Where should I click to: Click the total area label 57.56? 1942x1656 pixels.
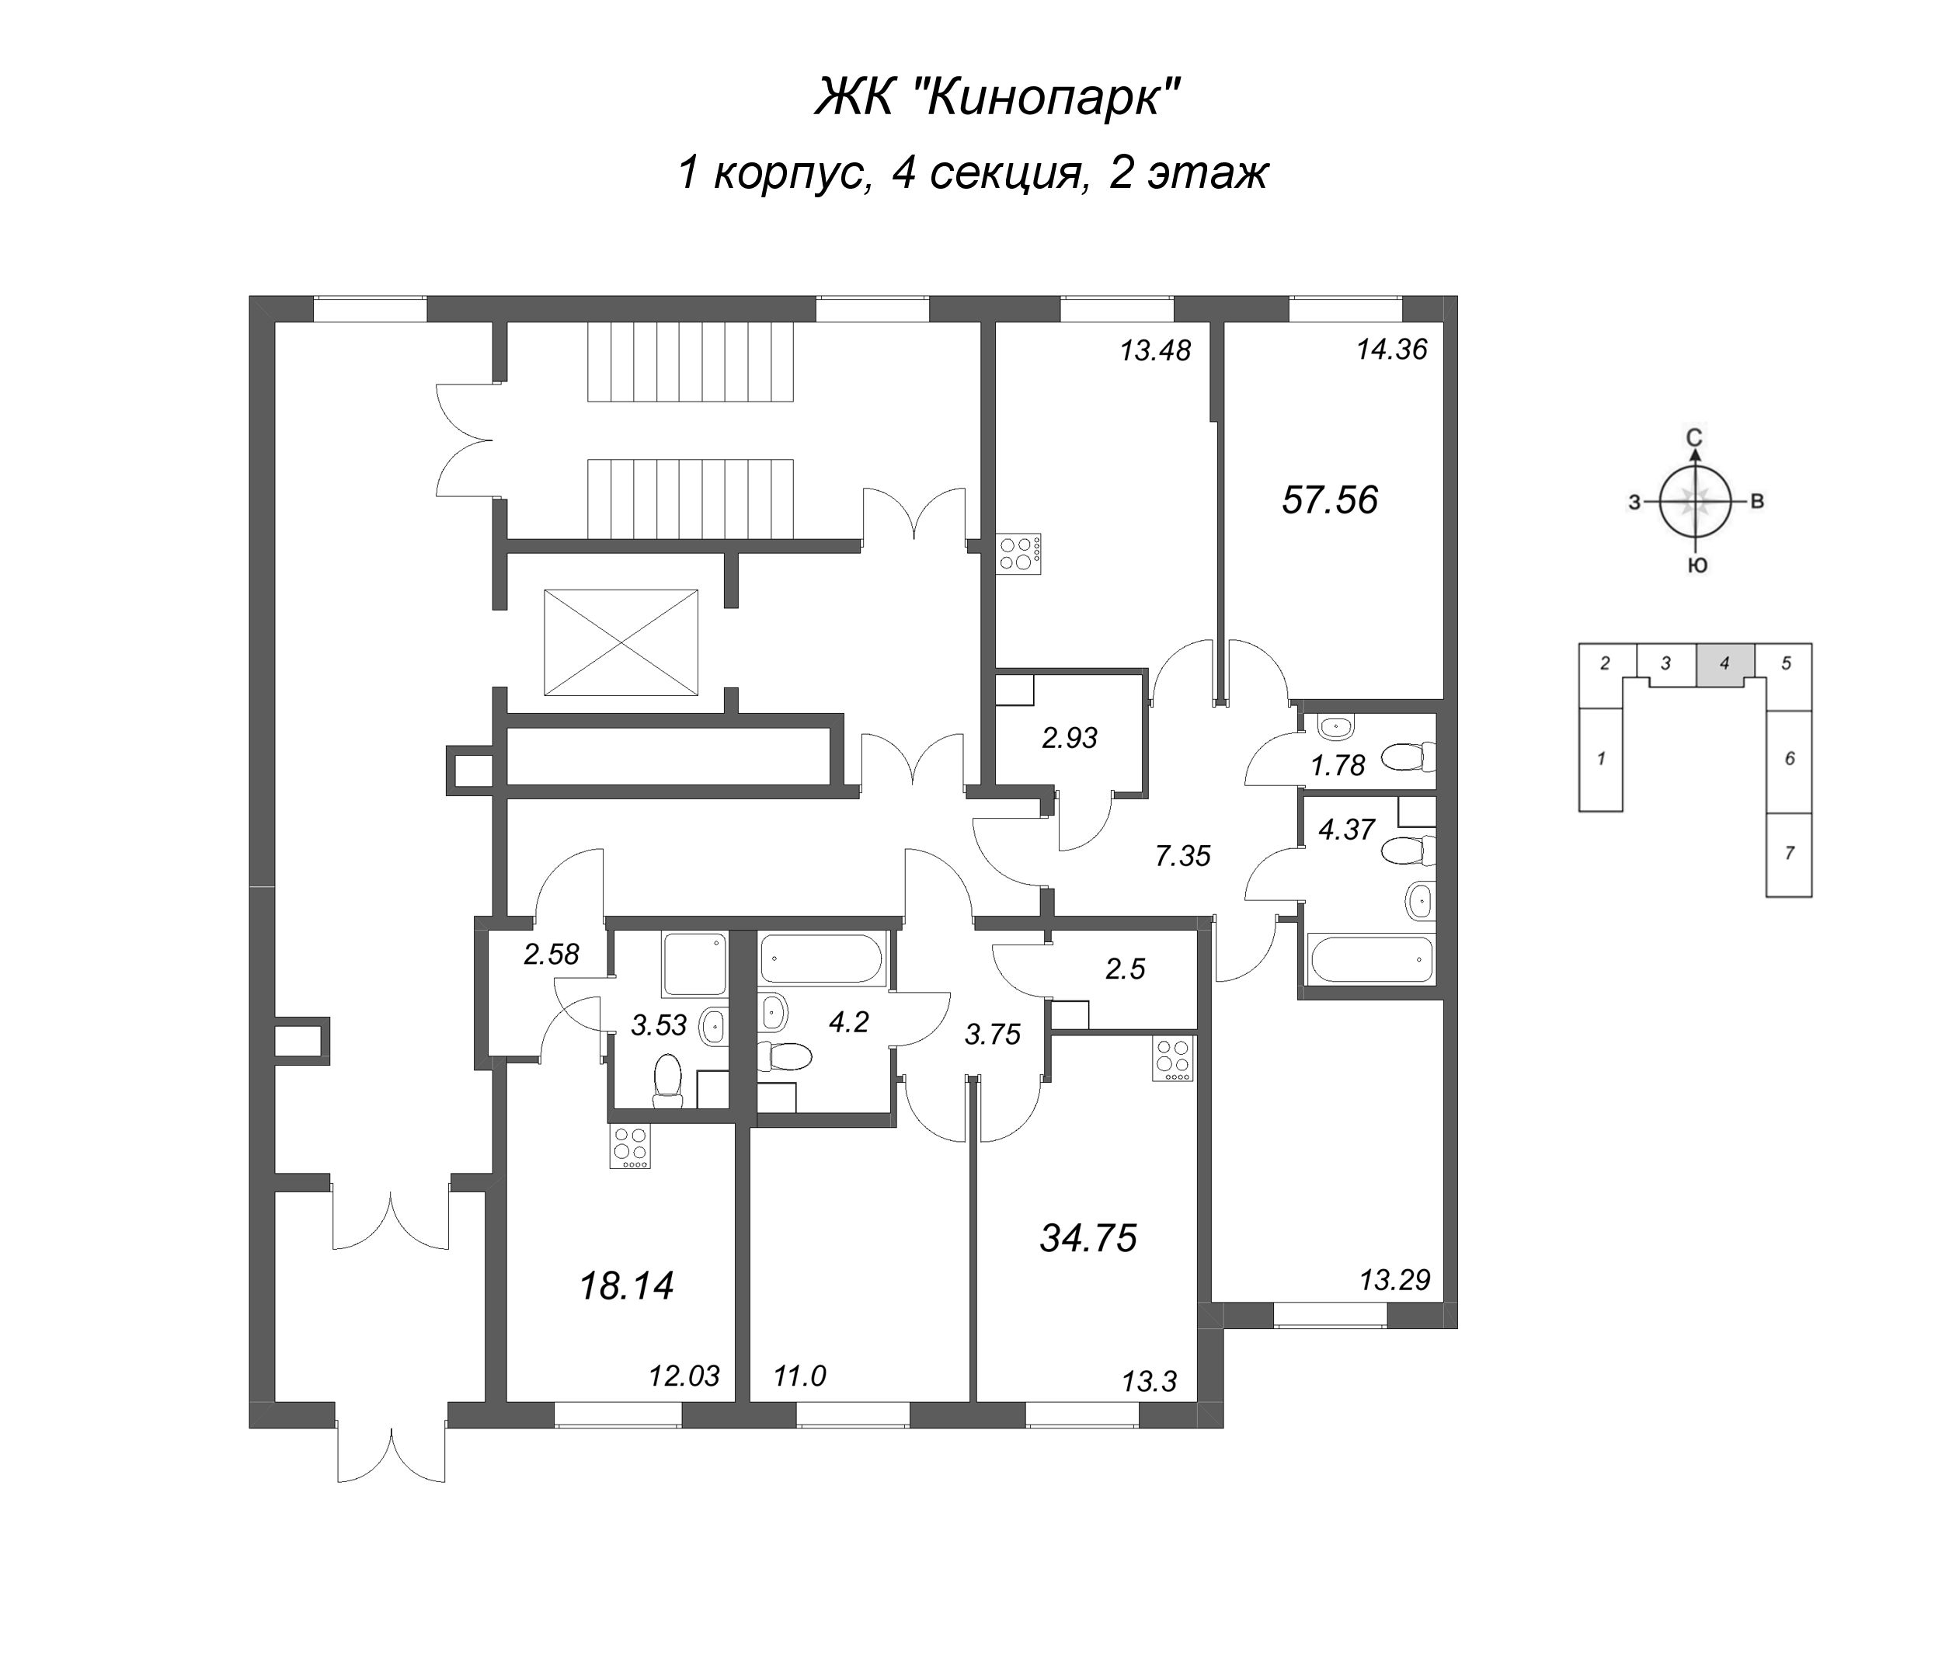point(1329,499)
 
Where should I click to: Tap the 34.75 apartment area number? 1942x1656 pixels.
point(1088,1238)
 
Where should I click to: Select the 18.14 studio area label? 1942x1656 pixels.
point(626,1285)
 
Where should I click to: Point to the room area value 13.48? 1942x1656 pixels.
point(1154,350)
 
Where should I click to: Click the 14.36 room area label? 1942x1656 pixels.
point(1392,350)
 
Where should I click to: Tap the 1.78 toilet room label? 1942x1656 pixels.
point(1338,765)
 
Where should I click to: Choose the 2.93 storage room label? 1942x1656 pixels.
point(1070,739)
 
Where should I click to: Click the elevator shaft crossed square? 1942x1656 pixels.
point(621,642)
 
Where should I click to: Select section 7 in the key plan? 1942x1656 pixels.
point(1789,853)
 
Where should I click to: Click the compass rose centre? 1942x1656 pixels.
point(1693,502)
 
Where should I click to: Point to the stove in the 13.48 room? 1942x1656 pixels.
point(1018,553)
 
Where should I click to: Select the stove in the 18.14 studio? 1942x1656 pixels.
point(630,1146)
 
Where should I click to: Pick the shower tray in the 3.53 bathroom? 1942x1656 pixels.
point(694,965)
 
